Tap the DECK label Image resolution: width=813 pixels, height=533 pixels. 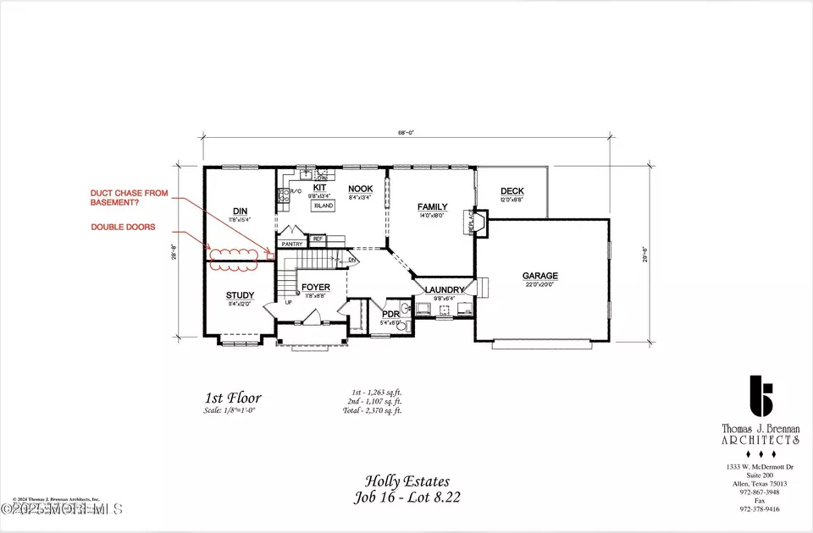pyautogui.click(x=512, y=191)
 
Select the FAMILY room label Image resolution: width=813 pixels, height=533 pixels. pyautogui.click(x=432, y=206)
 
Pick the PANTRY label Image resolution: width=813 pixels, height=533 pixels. pyautogui.click(x=293, y=244)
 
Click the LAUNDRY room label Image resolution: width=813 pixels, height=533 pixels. pyautogui.click(x=439, y=289)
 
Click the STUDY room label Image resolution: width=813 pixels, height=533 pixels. pyautogui.click(x=241, y=295)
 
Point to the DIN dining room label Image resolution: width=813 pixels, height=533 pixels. pyautogui.click(x=240, y=211)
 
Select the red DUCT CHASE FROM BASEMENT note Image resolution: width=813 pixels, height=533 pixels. pyautogui.click(x=130, y=198)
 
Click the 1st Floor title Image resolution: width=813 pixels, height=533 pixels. pyautogui.click(x=233, y=398)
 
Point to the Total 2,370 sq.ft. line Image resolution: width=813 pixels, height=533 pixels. pyautogui.click(x=375, y=410)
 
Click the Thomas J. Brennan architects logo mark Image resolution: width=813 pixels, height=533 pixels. pyautogui.click(x=763, y=402)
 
